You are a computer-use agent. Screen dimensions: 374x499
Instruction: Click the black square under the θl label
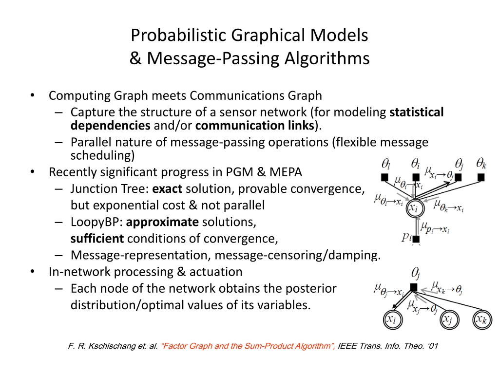pos(384,177)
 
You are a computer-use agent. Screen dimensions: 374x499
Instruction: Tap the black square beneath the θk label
pos(481,177)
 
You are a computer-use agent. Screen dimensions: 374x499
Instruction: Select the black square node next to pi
pos(416,239)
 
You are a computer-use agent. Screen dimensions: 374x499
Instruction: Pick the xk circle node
pos(482,319)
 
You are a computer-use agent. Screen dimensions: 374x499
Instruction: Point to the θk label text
pos(481,163)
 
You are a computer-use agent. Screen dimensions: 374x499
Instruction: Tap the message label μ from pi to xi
pos(435,228)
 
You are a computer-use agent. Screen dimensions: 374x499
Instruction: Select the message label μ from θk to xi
pos(449,206)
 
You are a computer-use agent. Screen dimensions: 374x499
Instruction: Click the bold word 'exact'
pos(167,188)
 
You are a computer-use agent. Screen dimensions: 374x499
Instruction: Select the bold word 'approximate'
pos(162,222)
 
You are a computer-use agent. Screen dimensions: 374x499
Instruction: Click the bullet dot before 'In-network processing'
pos(32,271)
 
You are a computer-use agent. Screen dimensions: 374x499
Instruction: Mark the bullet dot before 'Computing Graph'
pos(32,95)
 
